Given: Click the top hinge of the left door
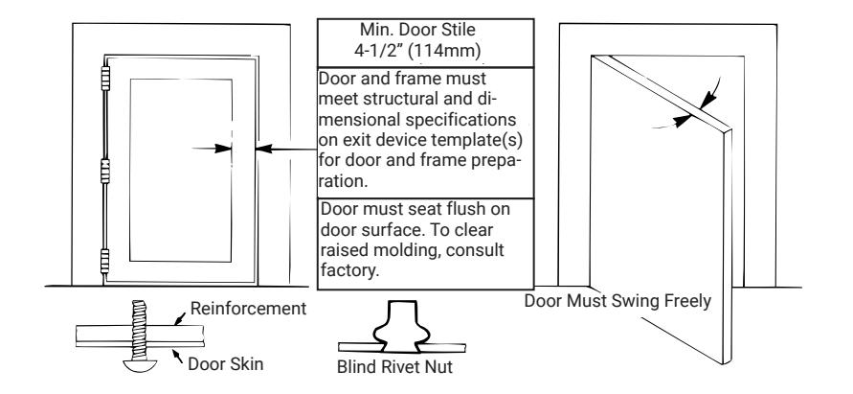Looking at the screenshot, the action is [105, 78].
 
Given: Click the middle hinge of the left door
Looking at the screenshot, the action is [105, 171].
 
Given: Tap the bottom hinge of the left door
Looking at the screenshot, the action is [105, 261].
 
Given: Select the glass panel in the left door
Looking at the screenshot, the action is [181, 170].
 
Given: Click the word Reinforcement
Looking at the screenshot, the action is [248, 309].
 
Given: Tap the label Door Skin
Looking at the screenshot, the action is [225, 364].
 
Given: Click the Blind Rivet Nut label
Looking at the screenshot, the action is [394, 367].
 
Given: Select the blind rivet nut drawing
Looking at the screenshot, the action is [401, 327].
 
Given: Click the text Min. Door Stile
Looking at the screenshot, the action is [417, 30].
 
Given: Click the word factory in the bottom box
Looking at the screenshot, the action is [349, 270].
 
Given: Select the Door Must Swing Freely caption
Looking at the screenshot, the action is [617, 301].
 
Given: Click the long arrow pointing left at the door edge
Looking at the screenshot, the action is [285, 149].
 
